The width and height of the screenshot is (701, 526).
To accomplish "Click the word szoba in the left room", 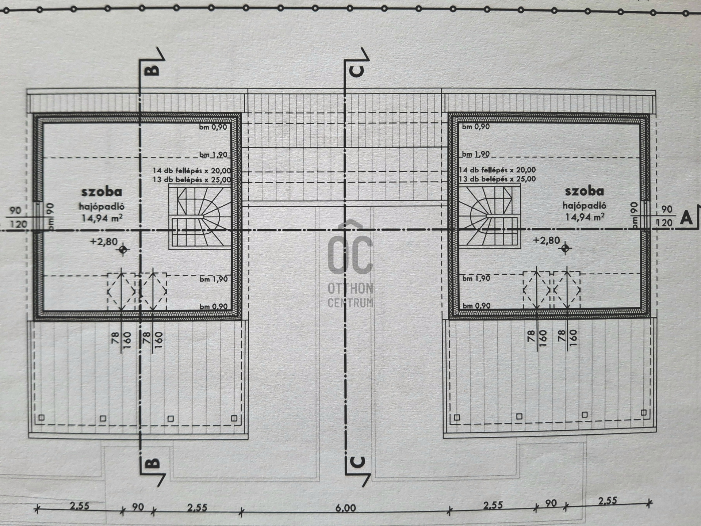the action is tap(101, 192).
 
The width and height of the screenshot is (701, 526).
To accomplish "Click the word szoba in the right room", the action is tap(585, 191).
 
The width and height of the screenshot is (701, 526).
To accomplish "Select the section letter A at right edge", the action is tap(686, 218).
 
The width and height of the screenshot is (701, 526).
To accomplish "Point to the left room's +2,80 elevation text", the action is tap(104, 241).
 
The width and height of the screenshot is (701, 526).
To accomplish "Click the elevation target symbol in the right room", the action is tap(566, 249).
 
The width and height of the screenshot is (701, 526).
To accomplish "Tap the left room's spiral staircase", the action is tap(200, 217).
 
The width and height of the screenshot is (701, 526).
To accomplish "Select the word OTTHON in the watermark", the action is tap(350, 289).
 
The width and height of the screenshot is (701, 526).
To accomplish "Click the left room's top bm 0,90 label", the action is tap(213, 127).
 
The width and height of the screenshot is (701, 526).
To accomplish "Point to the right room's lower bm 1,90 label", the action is tap(476, 278).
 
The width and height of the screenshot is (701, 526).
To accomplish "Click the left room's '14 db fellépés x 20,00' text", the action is tap(192, 171).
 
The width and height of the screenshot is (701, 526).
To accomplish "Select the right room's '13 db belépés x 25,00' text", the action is tap(498, 179).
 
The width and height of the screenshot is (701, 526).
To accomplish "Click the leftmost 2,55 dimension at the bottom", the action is tap(80, 506).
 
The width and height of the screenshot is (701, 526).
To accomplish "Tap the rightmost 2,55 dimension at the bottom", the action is tap(607, 500).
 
